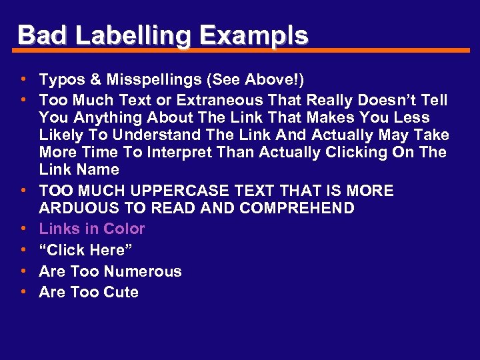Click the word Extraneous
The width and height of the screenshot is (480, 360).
[x=214, y=101]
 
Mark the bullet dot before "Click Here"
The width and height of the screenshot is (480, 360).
[x=23, y=249]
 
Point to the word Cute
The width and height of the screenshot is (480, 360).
[x=121, y=293]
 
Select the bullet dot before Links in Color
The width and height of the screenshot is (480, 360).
[x=23, y=229]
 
